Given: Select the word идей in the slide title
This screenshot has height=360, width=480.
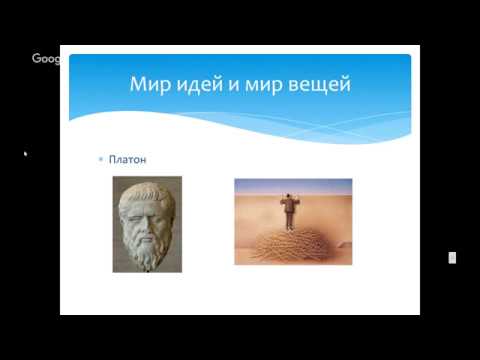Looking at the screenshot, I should (x=200, y=84).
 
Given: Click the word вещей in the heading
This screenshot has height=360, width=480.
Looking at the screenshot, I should (x=321, y=84).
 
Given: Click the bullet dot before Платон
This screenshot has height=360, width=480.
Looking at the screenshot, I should (x=101, y=159).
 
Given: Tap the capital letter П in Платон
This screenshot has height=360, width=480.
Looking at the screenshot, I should (x=112, y=159).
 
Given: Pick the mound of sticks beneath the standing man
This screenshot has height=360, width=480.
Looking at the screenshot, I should (x=292, y=245).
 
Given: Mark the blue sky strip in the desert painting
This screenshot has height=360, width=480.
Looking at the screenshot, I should (x=292, y=184).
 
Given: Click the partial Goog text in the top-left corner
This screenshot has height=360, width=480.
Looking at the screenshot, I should (x=45, y=58).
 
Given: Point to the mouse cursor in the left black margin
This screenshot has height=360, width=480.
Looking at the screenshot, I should (x=25, y=154).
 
